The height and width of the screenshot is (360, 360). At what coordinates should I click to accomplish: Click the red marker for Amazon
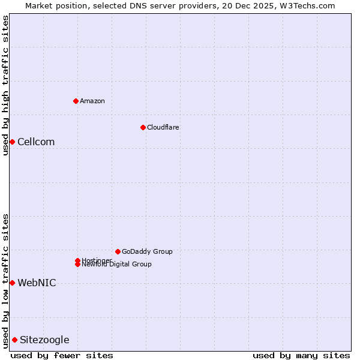(x=76, y=101)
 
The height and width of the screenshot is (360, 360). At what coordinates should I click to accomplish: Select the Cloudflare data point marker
(x=143, y=127)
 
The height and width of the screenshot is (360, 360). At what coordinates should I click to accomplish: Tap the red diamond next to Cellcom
(x=12, y=142)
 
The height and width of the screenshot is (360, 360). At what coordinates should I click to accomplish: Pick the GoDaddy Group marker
(x=118, y=251)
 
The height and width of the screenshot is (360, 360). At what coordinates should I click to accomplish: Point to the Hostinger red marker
(x=77, y=260)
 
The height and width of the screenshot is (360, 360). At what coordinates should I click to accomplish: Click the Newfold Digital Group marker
(x=77, y=265)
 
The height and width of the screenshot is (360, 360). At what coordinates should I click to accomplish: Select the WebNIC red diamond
(x=12, y=283)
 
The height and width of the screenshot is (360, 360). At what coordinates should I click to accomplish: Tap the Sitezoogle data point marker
(x=14, y=340)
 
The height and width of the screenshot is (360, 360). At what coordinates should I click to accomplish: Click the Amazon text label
(x=92, y=101)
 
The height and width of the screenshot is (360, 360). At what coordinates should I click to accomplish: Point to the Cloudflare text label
(x=163, y=127)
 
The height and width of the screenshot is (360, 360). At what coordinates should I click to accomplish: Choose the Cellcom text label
(x=36, y=142)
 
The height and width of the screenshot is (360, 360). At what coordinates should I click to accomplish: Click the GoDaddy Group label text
(x=147, y=251)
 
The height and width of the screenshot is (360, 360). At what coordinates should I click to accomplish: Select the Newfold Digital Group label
(x=117, y=265)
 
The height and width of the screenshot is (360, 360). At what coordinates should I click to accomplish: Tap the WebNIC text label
(x=37, y=283)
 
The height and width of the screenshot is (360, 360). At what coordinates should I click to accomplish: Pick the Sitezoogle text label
(x=44, y=340)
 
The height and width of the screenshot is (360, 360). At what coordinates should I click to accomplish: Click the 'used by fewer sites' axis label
(x=62, y=355)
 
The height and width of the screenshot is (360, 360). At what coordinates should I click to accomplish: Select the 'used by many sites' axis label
(x=301, y=355)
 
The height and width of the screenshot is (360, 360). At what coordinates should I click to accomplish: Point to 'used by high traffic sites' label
(x=5, y=85)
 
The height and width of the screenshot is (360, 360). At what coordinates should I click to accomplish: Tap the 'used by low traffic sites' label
(x=5, y=281)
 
